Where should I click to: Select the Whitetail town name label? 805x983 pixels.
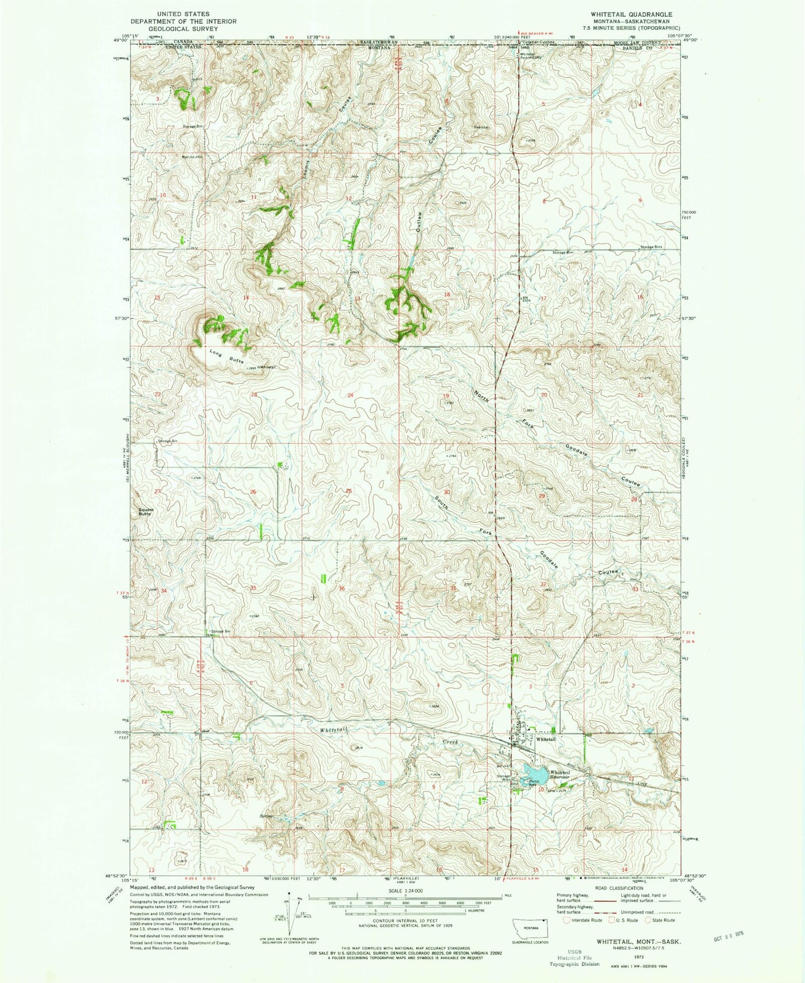[546, 739]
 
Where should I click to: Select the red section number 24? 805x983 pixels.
[350, 395]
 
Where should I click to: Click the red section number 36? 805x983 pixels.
[341, 589]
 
